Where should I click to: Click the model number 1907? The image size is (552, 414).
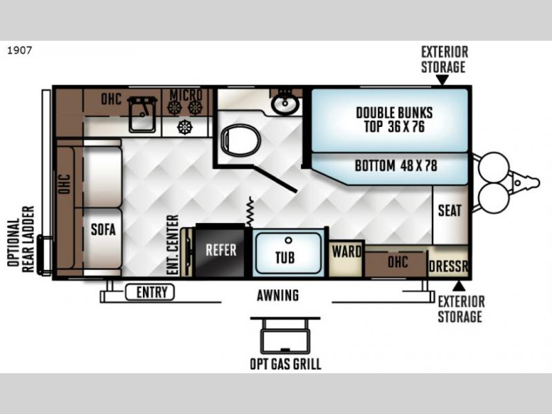pyautogui.click(x=20, y=50)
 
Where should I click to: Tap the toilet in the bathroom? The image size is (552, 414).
pyautogui.click(x=241, y=140)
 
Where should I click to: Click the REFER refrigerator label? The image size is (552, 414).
pyautogui.click(x=221, y=250)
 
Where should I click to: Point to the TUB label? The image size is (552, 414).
pyautogui.click(x=285, y=257)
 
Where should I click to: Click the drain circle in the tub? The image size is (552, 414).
pyautogui.click(x=288, y=240)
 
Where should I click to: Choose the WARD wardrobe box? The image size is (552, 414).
pyautogui.click(x=346, y=259)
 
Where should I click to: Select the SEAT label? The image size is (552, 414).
pyautogui.click(x=450, y=210)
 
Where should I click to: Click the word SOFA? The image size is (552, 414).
pyautogui.click(x=103, y=230)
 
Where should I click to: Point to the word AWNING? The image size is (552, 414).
pyautogui.click(x=278, y=295)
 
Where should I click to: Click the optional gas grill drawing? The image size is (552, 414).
pyautogui.click(x=285, y=335)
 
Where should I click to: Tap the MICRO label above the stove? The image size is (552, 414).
pyautogui.click(x=186, y=95)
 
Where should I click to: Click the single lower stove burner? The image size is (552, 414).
pyautogui.click(x=184, y=127)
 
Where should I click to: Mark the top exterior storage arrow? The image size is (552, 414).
pyautogui.click(x=442, y=80)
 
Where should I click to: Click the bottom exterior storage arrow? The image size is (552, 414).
pyautogui.click(x=459, y=286)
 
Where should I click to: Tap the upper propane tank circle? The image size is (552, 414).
pyautogui.click(x=493, y=168)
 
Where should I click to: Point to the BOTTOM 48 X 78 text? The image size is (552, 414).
pyautogui.click(x=396, y=166)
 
